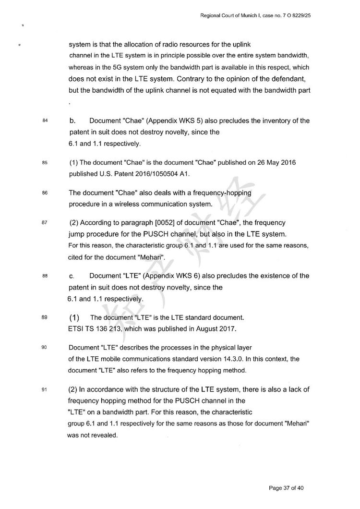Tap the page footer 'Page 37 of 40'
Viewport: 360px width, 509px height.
tap(286, 488)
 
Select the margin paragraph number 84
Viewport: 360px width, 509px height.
tap(45, 121)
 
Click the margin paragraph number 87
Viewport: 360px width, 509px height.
tap(45, 222)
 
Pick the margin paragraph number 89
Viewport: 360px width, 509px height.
tap(45, 317)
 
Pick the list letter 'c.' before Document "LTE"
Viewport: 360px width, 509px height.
tap(72, 276)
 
